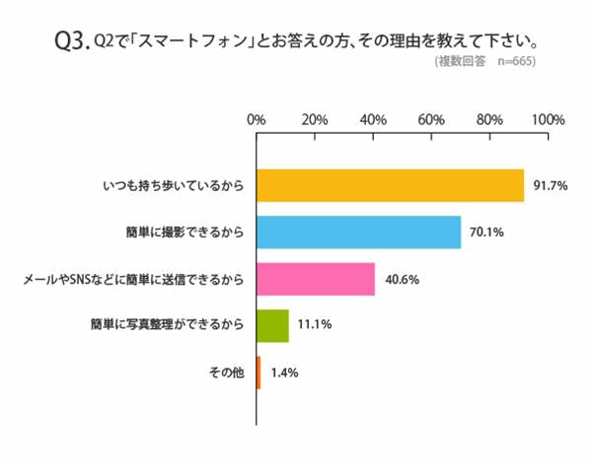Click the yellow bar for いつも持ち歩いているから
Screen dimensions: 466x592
[390, 185]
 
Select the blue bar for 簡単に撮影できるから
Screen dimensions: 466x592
[358, 232]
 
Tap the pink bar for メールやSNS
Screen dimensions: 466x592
[316, 279]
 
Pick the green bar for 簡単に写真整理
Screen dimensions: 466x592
[272, 325]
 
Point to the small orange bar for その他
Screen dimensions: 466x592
[259, 372]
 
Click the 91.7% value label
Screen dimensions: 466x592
[550, 186]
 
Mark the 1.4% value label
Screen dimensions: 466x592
[284, 372]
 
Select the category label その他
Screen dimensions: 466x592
[226, 372]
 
